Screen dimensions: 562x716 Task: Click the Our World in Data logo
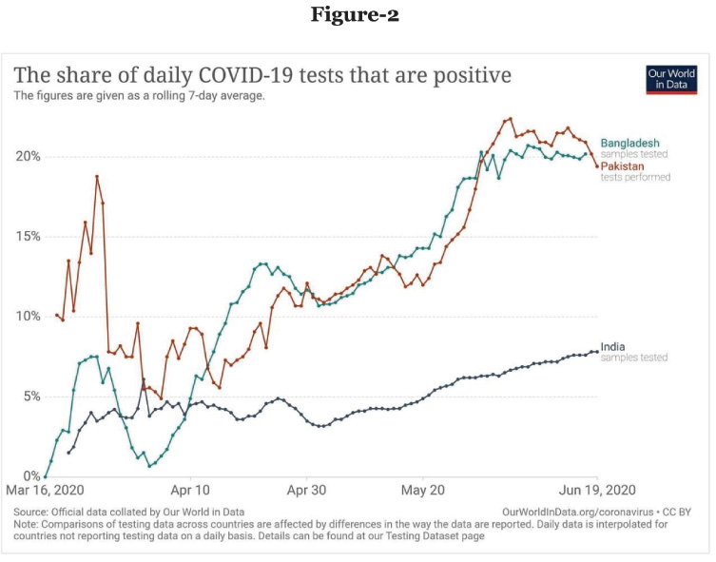(670, 80)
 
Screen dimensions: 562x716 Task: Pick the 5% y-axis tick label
(29, 396)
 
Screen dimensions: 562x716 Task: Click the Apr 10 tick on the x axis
(191, 492)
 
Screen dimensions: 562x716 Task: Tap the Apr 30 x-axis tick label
(306, 492)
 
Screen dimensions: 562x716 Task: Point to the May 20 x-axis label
(423, 492)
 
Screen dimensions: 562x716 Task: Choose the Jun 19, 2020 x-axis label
(596, 492)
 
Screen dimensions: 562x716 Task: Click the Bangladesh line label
(629, 143)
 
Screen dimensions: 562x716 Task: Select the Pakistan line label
(622, 166)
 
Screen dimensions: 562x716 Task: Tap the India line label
(614, 347)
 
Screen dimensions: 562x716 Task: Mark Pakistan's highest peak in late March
(97, 177)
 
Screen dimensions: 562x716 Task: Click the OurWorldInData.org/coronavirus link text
(571, 512)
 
